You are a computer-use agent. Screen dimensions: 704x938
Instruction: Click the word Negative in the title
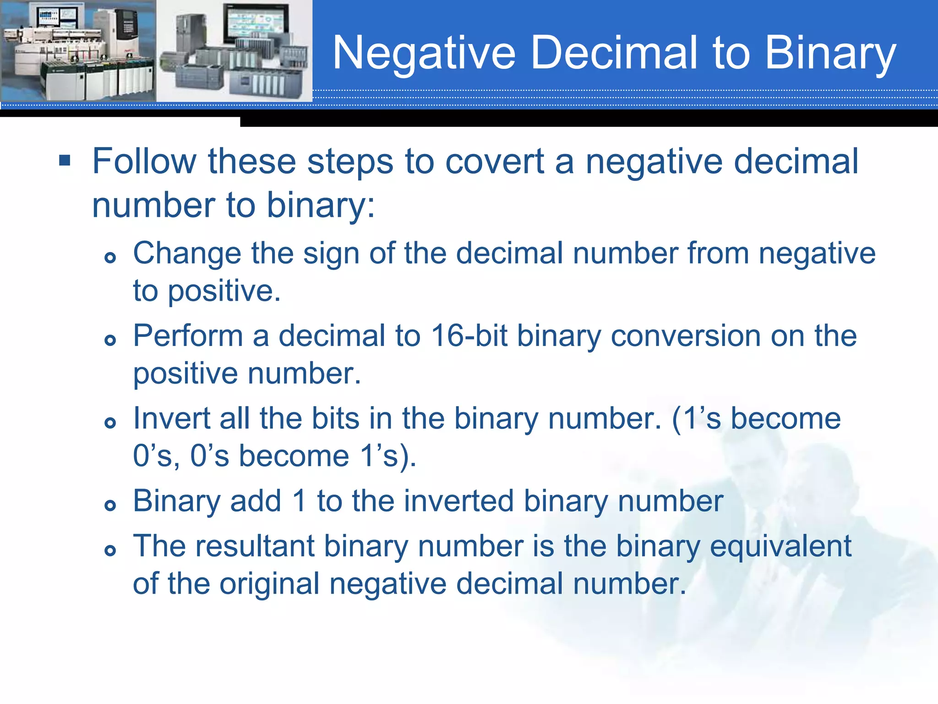tap(424, 54)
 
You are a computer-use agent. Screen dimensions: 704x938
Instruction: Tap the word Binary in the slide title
tap(830, 54)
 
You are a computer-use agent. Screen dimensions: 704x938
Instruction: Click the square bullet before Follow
tap(65, 161)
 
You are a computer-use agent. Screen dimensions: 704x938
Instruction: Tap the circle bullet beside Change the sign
tap(110, 258)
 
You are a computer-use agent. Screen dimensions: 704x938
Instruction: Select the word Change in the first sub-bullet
tap(187, 253)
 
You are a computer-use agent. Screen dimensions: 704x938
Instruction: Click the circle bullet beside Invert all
tap(110, 423)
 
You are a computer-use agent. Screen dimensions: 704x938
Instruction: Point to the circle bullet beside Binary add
tap(110, 506)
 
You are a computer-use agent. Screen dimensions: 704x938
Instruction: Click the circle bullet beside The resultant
tap(110, 550)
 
